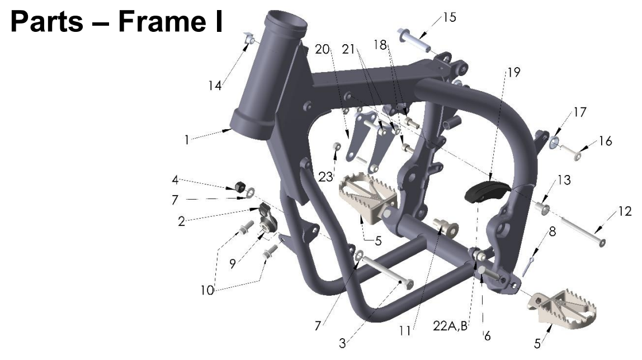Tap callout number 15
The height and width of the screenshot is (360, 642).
point(449,17)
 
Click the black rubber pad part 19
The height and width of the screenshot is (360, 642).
point(485,191)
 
